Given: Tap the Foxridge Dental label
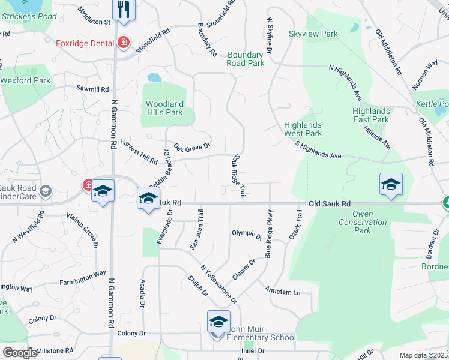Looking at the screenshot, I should tap(85, 43).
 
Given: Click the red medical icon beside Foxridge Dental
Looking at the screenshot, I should tap(124, 43).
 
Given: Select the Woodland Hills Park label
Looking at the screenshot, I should tap(164, 108).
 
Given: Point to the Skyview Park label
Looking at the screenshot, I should tap(313, 34).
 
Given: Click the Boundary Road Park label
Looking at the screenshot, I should tap(246, 59).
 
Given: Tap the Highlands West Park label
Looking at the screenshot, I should tap(303, 129).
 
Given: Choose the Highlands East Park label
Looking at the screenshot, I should tap(371, 115).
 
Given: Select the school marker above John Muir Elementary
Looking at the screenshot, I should tap(218, 322).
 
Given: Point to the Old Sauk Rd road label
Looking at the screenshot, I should tap(330, 204).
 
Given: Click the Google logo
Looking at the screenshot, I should tap(20, 353).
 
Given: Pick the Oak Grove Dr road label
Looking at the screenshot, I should tap(192, 146).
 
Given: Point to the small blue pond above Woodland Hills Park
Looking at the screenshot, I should tap(154, 77).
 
